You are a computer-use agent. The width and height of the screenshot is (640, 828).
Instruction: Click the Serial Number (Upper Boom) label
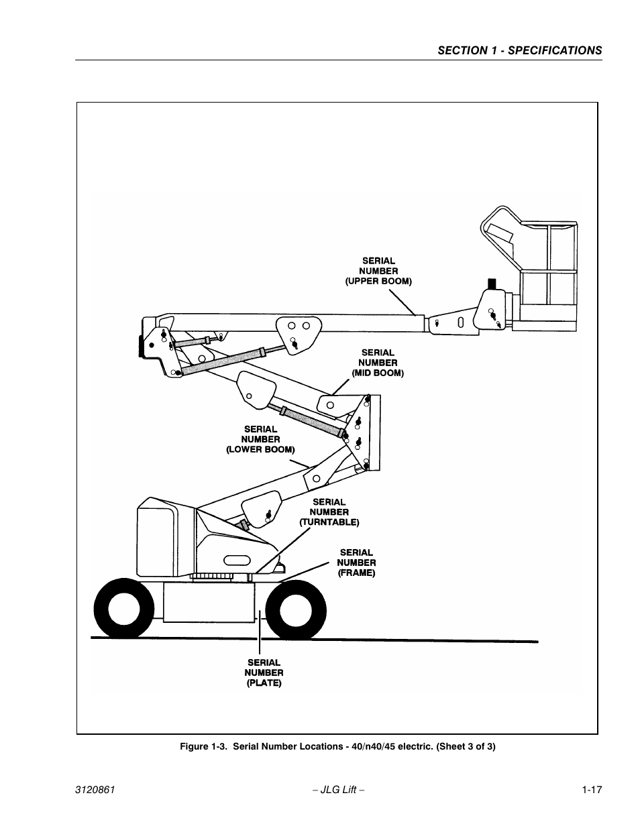pyautogui.click(x=378, y=272)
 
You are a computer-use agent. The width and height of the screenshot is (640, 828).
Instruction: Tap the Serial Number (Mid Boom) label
pyautogui.click(x=378, y=363)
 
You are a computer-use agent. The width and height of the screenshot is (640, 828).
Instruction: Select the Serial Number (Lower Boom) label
pyautogui.click(x=260, y=439)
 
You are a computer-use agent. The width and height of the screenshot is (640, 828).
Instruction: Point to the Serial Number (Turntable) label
pyautogui.click(x=329, y=512)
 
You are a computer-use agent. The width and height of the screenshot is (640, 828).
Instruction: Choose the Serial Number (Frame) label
pyautogui.click(x=356, y=563)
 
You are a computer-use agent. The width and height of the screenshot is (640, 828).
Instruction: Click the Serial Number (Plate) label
pyautogui.click(x=264, y=672)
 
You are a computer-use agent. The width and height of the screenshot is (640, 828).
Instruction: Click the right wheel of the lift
pyautogui.click(x=295, y=608)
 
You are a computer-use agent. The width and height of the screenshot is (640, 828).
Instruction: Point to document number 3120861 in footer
pyautogui.click(x=96, y=790)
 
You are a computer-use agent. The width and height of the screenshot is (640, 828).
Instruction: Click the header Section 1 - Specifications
pyautogui.click(x=519, y=50)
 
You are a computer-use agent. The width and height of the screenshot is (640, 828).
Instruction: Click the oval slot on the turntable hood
pyautogui.click(x=237, y=558)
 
